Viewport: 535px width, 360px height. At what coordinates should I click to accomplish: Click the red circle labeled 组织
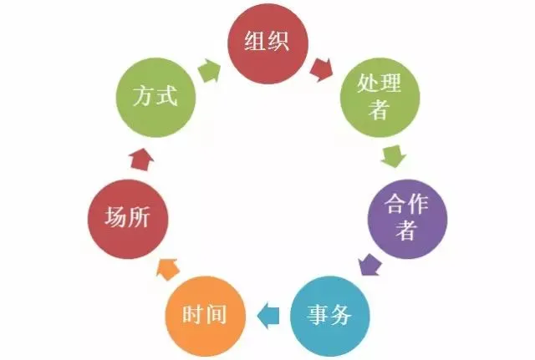click(267, 43)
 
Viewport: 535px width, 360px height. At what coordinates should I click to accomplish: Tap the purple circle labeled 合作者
click(407, 215)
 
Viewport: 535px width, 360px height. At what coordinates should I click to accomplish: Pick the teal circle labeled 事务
click(331, 316)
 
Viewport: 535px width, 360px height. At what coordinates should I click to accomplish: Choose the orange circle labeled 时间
click(204, 316)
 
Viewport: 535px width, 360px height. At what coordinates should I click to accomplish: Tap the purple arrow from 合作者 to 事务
click(368, 265)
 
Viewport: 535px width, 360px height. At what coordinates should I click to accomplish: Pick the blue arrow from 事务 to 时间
click(267, 316)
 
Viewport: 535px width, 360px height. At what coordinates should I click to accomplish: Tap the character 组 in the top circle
click(255, 43)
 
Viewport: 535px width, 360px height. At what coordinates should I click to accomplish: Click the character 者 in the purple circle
click(407, 230)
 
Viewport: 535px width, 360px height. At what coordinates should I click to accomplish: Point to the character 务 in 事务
click(343, 316)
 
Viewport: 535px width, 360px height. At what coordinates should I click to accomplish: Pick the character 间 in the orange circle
click(217, 316)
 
